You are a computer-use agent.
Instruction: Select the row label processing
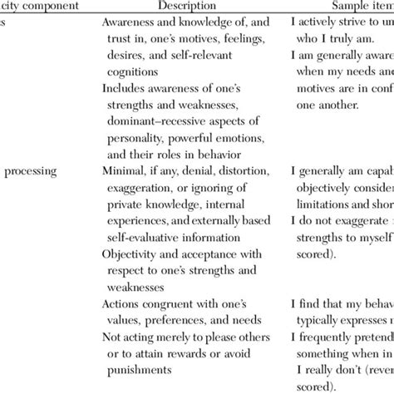tap(30, 171)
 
